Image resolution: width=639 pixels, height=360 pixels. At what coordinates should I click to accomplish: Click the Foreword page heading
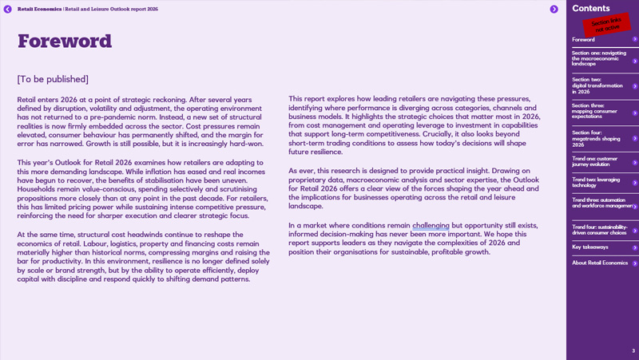point(65,42)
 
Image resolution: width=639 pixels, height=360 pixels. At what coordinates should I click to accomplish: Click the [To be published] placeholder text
point(53,79)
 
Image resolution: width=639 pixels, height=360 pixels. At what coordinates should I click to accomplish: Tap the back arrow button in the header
point(8,9)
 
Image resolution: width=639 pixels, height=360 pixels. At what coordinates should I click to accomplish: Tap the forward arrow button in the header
point(554,9)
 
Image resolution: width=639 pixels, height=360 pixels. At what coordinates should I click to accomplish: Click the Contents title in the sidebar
point(591,8)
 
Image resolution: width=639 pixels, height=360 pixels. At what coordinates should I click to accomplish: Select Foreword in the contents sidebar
point(584,39)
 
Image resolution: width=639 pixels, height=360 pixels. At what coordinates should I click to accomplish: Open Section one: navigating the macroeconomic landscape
point(600,58)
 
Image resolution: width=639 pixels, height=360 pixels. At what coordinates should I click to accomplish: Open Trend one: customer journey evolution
point(595,161)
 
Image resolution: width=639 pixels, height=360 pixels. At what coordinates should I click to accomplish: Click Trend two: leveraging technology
point(596,183)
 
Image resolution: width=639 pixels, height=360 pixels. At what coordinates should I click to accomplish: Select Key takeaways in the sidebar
point(590,247)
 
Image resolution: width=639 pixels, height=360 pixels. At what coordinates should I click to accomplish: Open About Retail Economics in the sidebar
point(599,263)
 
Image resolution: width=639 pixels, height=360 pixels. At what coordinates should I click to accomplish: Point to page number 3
point(633,351)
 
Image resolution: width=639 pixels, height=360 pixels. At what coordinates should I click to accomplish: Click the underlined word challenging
point(431,226)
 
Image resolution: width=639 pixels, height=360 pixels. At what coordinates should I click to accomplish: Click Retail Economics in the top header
point(39,9)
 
